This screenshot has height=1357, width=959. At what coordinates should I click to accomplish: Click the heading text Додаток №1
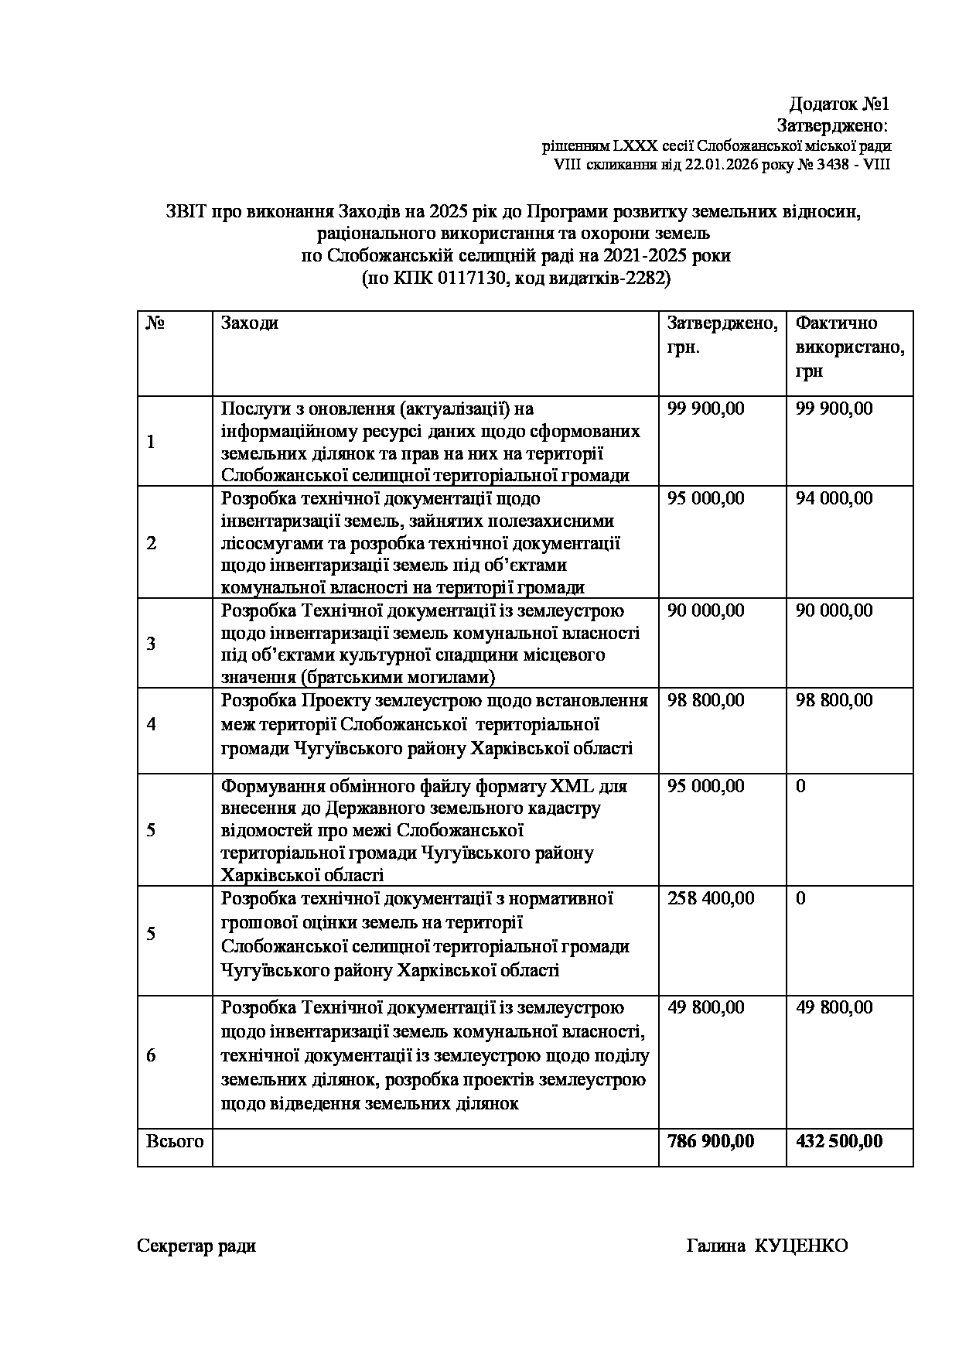[x=839, y=104]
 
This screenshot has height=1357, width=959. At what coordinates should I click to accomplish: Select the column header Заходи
[x=250, y=323]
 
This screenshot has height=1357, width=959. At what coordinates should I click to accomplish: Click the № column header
[x=155, y=323]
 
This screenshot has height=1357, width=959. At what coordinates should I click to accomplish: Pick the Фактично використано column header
[x=849, y=347]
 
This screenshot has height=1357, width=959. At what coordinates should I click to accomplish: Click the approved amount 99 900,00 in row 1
[x=705, y=408]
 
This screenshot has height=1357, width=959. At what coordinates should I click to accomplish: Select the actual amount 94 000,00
[x=834, y=498]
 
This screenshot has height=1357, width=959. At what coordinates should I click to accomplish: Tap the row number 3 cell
[x=151, y=644]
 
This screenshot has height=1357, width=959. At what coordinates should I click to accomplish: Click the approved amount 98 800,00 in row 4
[x=705, y=701]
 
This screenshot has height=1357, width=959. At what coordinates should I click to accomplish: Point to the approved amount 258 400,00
[x=710, y=899]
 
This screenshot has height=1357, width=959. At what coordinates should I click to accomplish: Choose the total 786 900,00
[x=710, y=1141]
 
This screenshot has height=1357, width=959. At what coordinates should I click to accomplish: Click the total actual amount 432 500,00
[x=839, y=1141]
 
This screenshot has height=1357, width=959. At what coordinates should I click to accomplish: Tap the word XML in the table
[x=572, y=787]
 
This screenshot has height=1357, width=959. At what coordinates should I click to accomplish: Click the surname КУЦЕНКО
[x=800, y=1246]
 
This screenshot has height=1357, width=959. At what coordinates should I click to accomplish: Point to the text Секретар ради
[x=196, y=1246]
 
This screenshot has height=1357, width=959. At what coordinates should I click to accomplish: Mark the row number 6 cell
[x=151, y=1056]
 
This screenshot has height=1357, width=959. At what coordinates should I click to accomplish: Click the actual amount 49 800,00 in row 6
[x=834, y=1007]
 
